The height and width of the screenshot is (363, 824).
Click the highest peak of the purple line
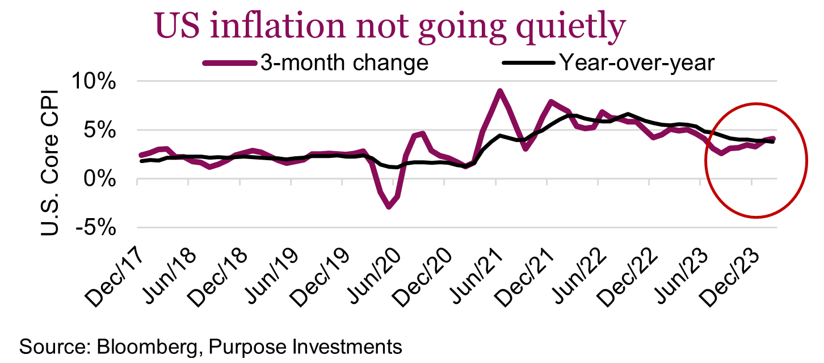(x=499, y=91)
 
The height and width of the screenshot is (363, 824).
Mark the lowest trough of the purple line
(x=389, y=207)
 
